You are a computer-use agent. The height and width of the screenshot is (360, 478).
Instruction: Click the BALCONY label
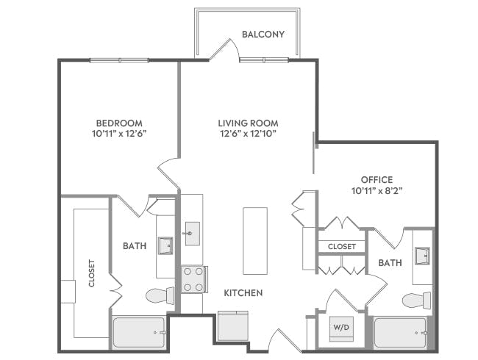pyautogui.click(x=263, y=34)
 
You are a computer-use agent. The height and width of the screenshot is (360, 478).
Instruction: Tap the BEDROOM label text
pyautogui.click(x=119, y=123)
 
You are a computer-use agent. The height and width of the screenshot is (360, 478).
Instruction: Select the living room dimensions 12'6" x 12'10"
pyautogui.click(x=248, y=134)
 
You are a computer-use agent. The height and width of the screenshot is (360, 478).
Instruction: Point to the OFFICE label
pyautogui.click(x=377, y=179)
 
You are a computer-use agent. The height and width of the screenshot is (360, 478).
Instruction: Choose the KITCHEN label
pyautogui.click(x=243, y=293)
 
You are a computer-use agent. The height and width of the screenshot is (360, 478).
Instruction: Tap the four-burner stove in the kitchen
pyautogui.click(x=192, y=279)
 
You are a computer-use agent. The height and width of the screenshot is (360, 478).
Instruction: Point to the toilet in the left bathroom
pyautogui.click(x=159, y=296)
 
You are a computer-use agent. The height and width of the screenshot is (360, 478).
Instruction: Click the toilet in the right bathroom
pyautogui.click(x=417, y=300)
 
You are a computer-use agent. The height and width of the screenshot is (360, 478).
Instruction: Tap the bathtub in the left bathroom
pyautogui.click(x=139, y=332)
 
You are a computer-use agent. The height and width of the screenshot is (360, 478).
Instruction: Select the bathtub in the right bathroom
pyautogui.click(x=402, y=333)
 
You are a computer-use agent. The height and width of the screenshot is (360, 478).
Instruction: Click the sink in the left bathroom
pyautogui.click(x=165, y=245)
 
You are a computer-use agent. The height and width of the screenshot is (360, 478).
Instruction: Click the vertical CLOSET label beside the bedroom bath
pyautogui.click(x=92, y=273)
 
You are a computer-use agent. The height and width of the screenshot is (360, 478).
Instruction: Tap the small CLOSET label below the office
pyautogui.click(x=342, y=246)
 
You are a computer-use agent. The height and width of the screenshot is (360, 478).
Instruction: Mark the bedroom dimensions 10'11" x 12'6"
pyautogui.click(x=119, y=134)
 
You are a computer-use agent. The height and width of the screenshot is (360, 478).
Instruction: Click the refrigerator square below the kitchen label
pyautogui.click(x=233, y=325)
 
